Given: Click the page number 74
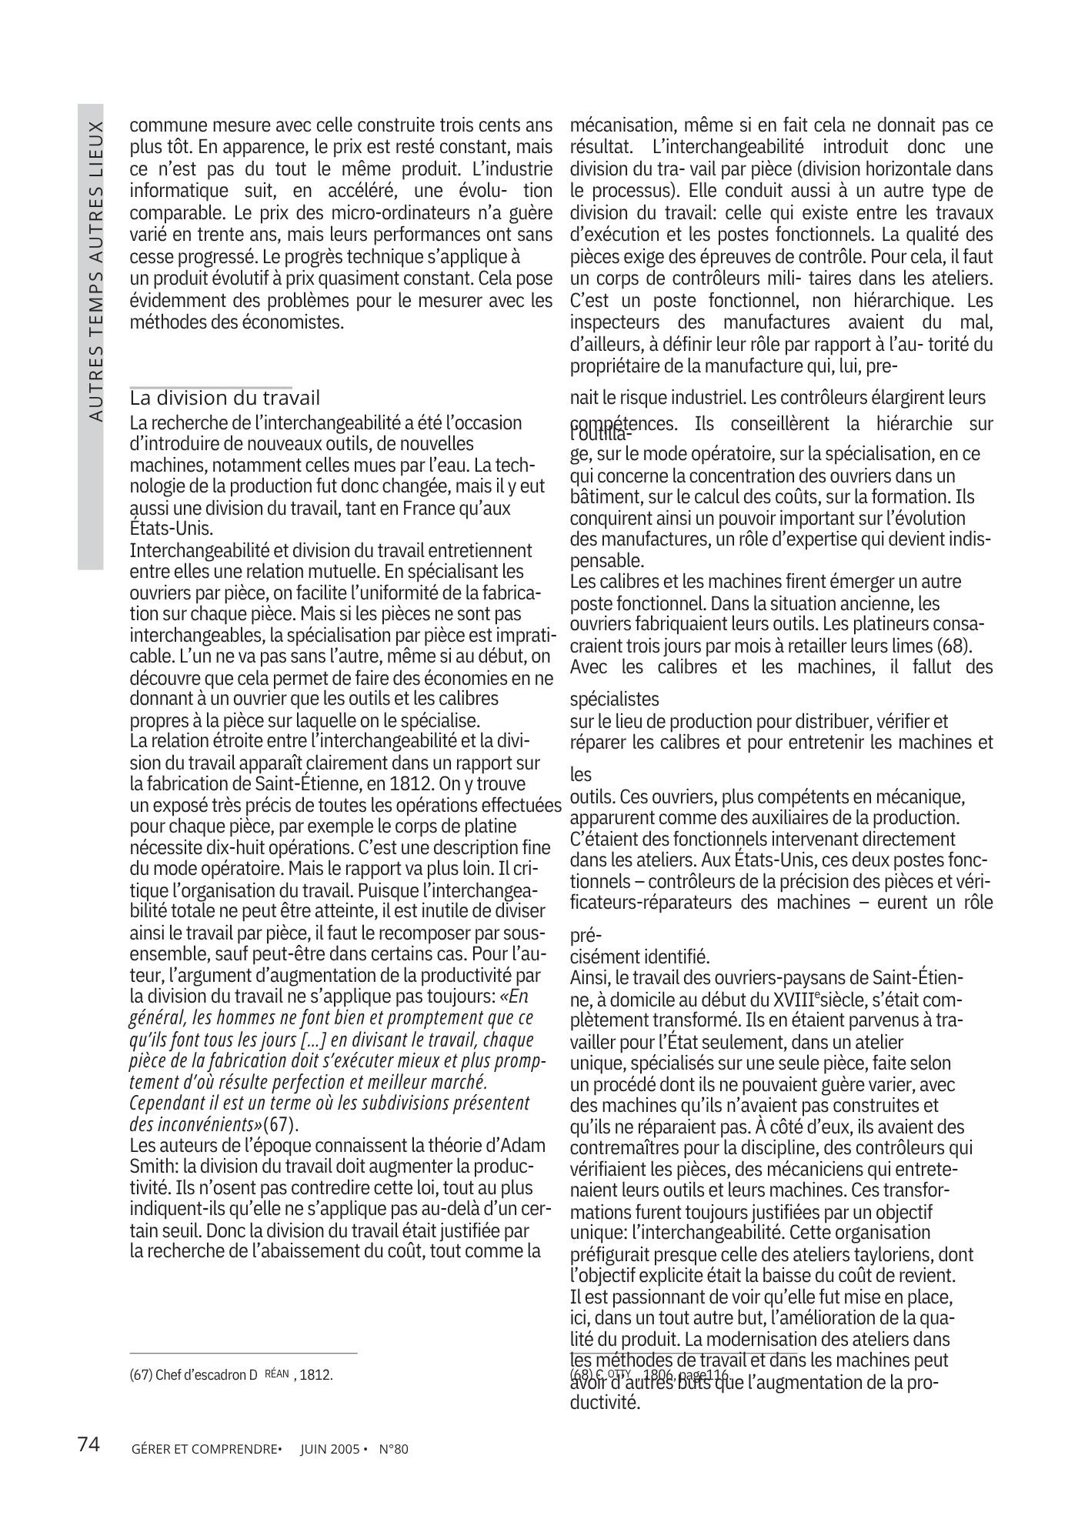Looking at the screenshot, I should tap(89, 1444).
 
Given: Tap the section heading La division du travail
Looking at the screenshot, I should tap(225, 398).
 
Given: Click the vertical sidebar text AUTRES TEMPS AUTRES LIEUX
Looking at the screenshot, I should tap(95, 270).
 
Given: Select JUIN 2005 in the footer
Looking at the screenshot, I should tap(329, 1449).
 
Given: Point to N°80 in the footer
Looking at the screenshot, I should tap(393, 1449).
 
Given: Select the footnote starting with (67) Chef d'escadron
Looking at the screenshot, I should tap(232, 1374).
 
